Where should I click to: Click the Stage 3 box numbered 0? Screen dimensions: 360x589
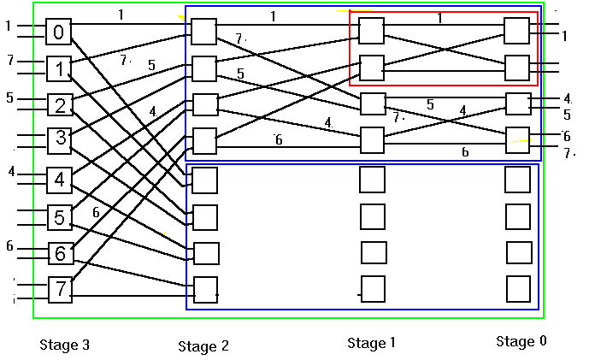pos(59,32)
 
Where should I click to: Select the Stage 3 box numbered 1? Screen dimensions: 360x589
pos(59,68)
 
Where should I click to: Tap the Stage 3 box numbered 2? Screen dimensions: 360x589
pos(59,105)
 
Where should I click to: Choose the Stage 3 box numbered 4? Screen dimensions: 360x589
pos(59,180)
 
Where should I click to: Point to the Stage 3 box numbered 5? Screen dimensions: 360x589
pos(59,218)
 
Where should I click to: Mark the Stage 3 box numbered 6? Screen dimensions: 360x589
pos(59,254)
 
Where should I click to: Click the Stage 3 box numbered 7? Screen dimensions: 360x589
pos(59,289)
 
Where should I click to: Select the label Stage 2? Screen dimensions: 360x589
pos(203,346)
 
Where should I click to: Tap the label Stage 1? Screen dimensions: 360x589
pos(372,344)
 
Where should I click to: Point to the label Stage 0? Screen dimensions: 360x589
pos(521,342)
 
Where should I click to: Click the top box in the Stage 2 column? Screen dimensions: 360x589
pos(203,32)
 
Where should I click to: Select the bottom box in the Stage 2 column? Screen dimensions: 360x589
pos(205,291)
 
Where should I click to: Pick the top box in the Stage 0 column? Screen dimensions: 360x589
pos(516,31)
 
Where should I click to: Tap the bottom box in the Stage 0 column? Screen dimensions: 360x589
pos(518,289)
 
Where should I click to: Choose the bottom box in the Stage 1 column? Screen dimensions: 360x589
pos(372,289)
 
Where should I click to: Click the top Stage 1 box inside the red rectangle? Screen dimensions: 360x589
pos(371,31)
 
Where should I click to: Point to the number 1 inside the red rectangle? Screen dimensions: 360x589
pos(439,18)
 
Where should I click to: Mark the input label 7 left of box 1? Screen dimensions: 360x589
pos(10,61)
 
